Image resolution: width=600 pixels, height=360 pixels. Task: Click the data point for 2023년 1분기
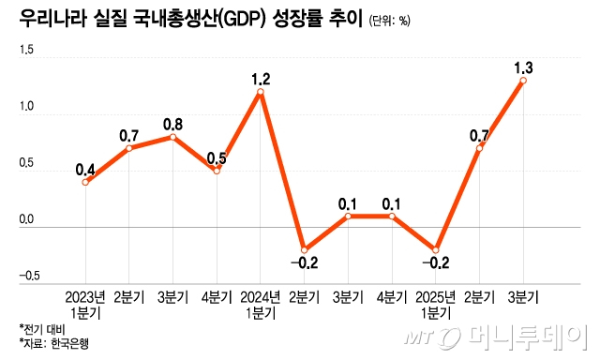pos(85,183)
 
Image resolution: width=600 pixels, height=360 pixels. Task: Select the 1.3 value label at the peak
pos(523,68)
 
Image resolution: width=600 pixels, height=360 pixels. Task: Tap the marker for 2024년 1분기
pos(261,92)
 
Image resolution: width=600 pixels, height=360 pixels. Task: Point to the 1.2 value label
pos(261,79)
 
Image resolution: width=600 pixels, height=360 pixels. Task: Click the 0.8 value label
pos(172,125)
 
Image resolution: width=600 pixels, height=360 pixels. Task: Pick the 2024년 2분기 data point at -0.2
pos(304,250)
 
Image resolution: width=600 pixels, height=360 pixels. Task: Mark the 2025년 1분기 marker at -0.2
pos(435,250)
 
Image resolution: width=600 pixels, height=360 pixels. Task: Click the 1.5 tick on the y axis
pos(26,50)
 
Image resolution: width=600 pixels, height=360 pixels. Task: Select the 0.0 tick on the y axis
pos(26,219)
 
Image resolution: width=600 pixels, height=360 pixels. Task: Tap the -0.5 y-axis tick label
pos(29,276)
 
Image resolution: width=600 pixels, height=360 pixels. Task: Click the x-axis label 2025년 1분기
pos(435,305)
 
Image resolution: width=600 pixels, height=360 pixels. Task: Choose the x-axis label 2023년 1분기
pos(85,305)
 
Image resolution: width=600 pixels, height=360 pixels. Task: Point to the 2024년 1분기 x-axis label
pos(261,305)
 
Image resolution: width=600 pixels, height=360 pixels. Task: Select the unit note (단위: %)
pos(389,21)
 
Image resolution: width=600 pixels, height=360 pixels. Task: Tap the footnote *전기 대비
pos(42,329)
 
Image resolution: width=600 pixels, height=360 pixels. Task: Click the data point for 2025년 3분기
pos(523,81)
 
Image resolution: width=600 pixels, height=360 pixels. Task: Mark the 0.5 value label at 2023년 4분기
pos(217,158)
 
